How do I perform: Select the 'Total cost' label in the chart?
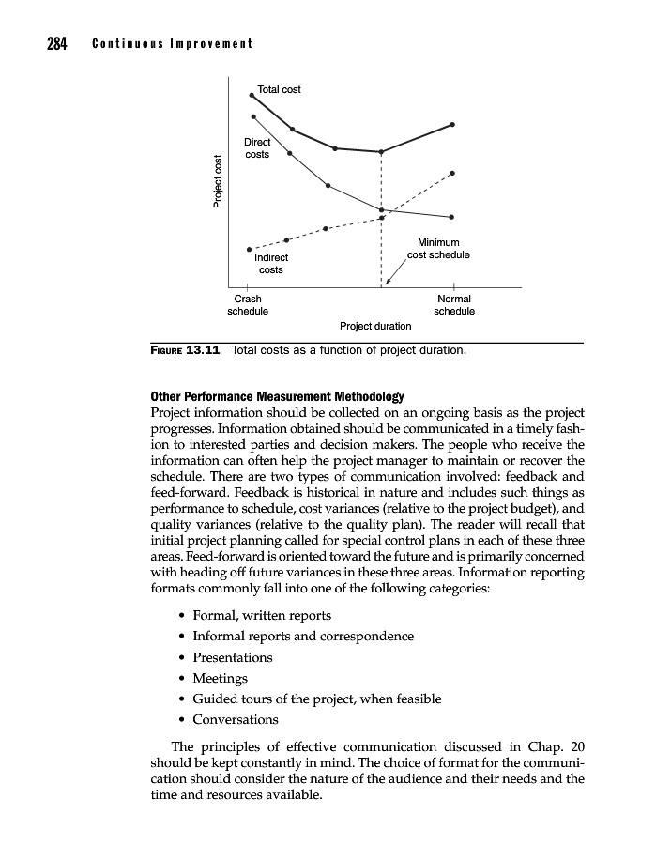(279, 90)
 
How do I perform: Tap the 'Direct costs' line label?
(257, 148)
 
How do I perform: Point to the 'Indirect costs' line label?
(270, 263)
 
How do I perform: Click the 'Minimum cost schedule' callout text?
(437, 249)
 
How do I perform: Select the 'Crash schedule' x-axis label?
(248, 304)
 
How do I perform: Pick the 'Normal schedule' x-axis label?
(454, 304)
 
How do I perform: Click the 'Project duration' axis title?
(374, 326)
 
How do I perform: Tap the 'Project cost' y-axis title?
(218, 181)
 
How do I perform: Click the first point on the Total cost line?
(251, 95)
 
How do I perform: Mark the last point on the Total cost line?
(452, 124)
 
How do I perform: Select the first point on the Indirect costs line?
(249, 249)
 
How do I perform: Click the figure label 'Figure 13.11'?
(185, 351)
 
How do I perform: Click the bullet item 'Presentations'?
(233, 657)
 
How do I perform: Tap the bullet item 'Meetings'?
(221, 678)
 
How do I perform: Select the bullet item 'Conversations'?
(236, 720)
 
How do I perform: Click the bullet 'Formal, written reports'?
(262, 615)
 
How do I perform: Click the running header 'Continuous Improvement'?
(173, 44)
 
